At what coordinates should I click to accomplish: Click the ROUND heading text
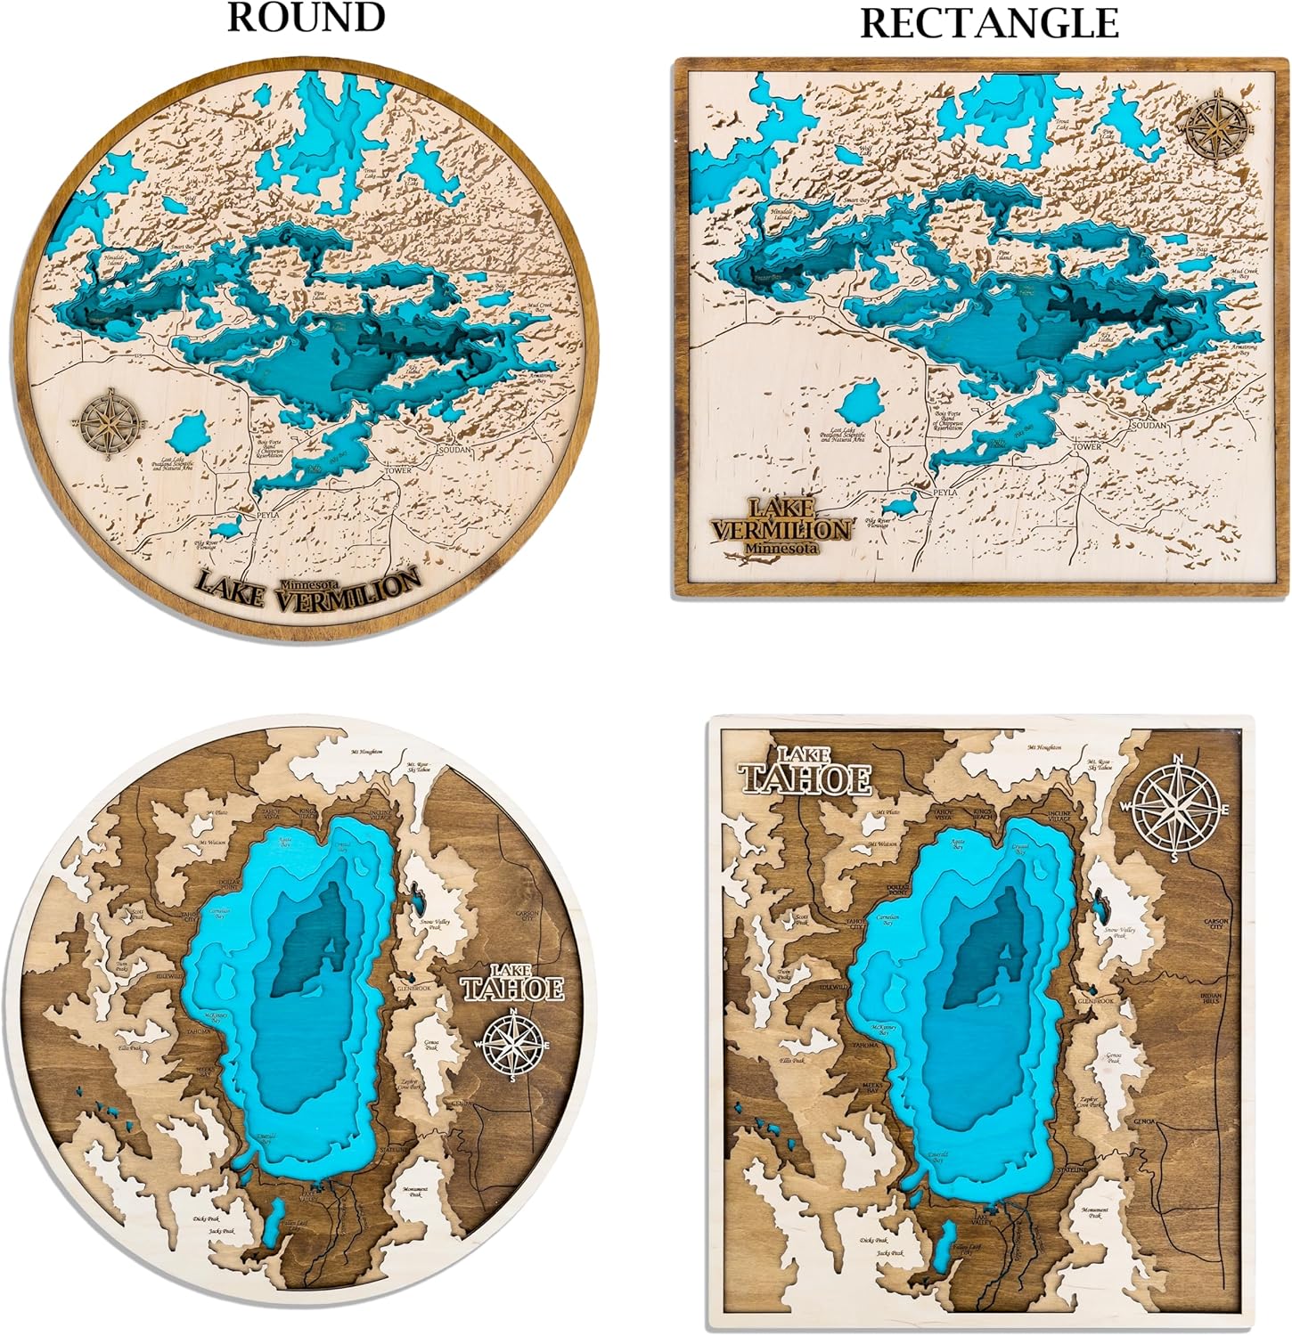307,17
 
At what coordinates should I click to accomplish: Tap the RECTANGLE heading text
989,23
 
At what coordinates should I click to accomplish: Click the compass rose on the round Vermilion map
109,422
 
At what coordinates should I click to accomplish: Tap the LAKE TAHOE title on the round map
512,982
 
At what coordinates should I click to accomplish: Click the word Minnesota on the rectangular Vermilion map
782,549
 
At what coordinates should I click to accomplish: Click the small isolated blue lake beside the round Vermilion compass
188,434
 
